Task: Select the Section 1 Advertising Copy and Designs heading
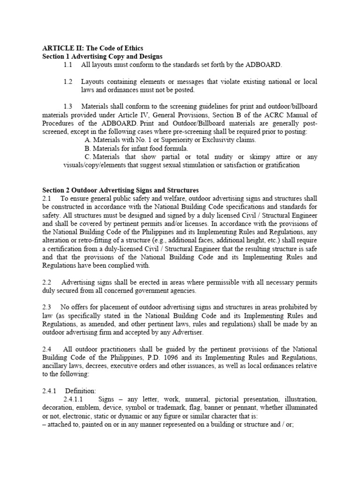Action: coord(102,56)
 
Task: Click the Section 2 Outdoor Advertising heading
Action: coord(120,190)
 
